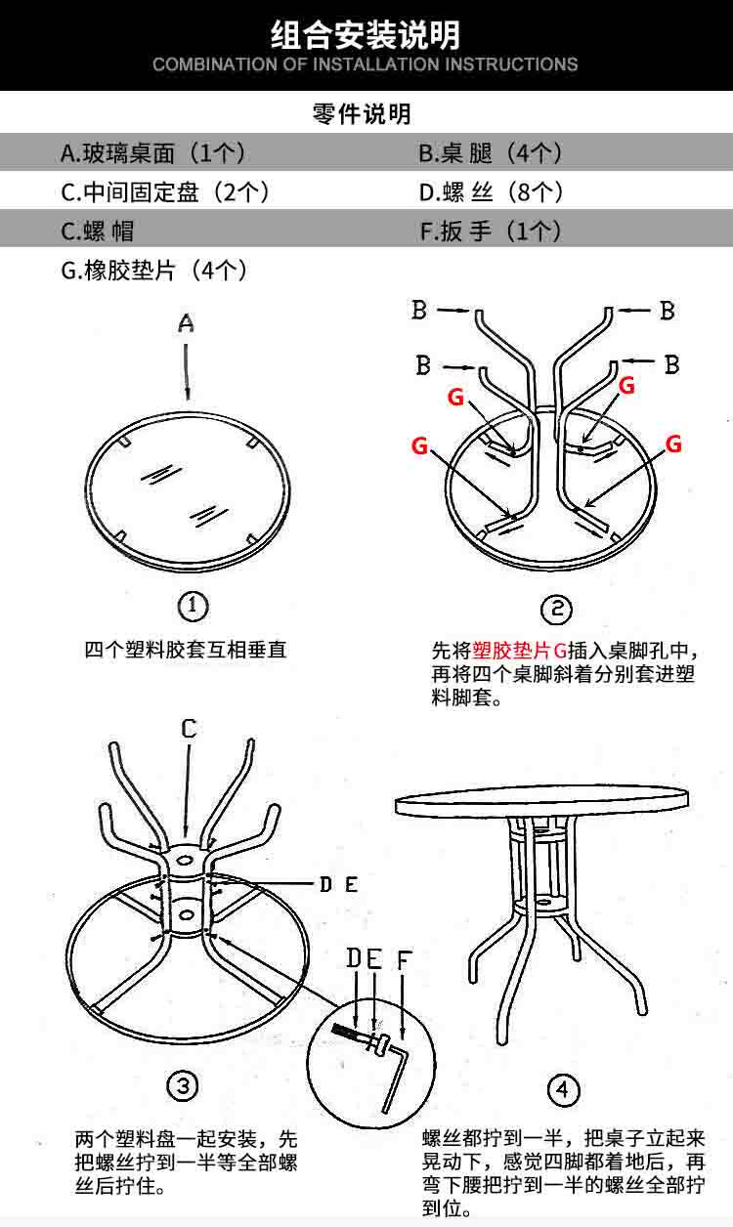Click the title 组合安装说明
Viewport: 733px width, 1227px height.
(x=366, y=35)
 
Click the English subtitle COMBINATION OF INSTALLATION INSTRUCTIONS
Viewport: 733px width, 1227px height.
(x=366, y=65)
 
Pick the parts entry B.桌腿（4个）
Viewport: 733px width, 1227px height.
(x=491, y=153)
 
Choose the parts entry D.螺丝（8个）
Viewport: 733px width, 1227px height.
(x=491, y=192)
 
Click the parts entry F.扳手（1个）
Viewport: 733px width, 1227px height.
(x=491, y=232)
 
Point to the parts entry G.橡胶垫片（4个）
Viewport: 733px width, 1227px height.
(x=154, y=271)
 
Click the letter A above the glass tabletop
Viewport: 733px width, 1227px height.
(x=187, y=323)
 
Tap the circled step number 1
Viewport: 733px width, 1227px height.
(x=193, y=607)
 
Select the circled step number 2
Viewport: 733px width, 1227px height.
(x=556, y=611)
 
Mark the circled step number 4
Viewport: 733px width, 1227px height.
(x=562, y=1089)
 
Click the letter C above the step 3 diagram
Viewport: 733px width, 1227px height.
(x=189, y=729)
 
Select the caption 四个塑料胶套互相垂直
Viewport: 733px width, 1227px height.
(x=186, y=650)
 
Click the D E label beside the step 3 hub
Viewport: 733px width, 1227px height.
(x=338, y=885)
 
